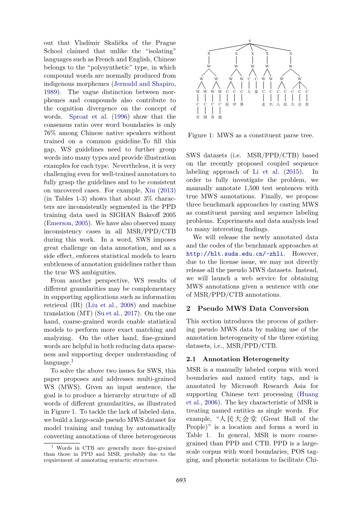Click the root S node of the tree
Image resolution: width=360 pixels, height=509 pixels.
250,41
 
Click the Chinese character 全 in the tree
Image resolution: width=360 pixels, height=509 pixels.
198,117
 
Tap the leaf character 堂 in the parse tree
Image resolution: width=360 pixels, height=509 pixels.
307,105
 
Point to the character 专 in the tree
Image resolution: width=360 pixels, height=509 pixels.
249,92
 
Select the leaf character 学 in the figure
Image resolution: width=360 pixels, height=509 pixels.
234,105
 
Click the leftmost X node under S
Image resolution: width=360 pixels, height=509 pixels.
209,54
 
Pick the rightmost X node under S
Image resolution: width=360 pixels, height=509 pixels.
291,54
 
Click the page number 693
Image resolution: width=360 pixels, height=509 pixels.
181,480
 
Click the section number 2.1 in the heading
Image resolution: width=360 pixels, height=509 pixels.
191,359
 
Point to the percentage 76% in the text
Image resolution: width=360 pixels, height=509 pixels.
50,133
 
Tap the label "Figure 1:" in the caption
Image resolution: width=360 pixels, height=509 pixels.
201,136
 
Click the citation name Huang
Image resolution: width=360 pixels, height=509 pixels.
309,394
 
